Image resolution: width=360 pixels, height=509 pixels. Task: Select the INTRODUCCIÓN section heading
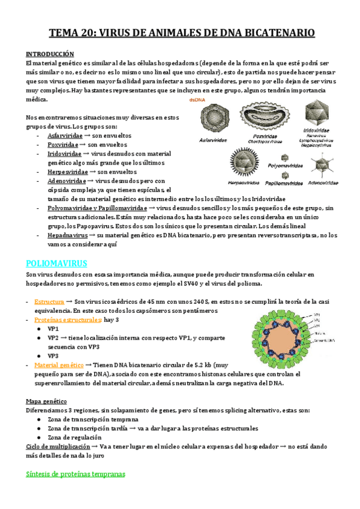coord(50,53)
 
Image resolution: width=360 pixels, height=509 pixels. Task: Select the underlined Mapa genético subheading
coord(46,401)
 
